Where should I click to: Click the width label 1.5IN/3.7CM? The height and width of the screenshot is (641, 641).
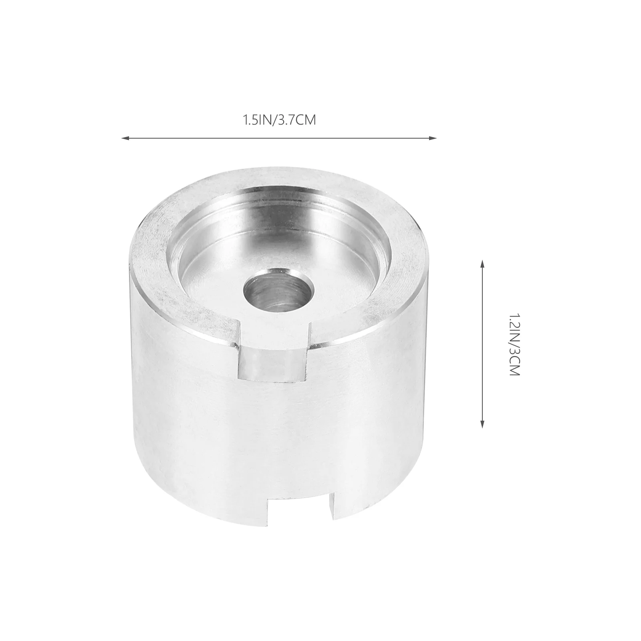click(x=279, y=120)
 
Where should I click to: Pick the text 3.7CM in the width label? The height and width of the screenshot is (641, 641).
click(x=296, y=120)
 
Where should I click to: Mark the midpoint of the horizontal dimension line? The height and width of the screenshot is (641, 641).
click(x=279, y=139)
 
